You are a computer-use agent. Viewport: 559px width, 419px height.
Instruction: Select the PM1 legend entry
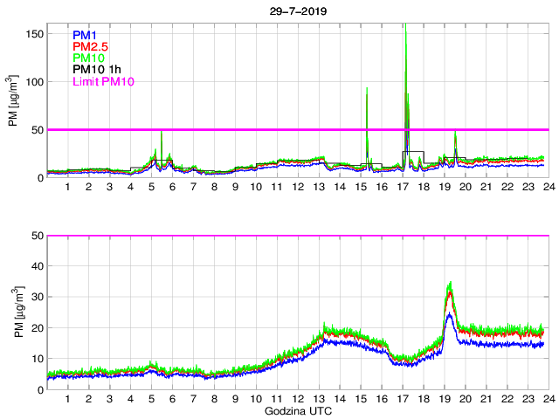coord(86,35)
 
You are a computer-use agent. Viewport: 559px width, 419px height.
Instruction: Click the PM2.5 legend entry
coord(90,46)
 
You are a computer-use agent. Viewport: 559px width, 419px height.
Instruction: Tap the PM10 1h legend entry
coord(97,70)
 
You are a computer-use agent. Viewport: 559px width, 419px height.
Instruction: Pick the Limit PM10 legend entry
coord(103,81)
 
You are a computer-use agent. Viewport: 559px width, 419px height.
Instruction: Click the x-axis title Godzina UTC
coord(297,409)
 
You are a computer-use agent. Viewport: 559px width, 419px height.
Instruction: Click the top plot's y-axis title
coord(12,103)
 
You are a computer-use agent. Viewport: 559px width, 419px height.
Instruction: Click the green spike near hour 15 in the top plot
coord(367,88)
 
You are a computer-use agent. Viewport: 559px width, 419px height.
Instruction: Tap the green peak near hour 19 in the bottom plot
coord(450,282)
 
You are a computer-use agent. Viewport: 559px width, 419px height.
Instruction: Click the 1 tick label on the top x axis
coord(67,187)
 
